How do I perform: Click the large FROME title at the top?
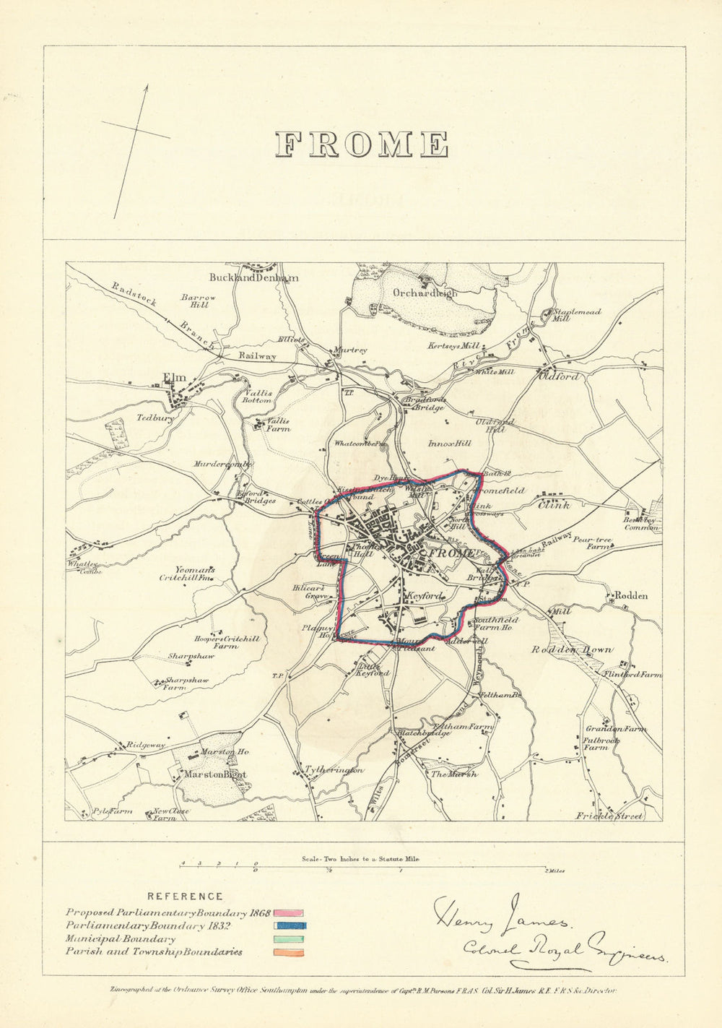pos(362,144)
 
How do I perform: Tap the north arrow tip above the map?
pos(147,86)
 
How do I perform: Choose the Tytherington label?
pos(333,770)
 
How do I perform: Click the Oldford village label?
pos(560,376)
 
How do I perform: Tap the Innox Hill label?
pos(450,444)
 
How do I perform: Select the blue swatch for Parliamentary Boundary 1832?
pos(288,925)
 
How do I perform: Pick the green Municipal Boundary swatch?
pos(288,939)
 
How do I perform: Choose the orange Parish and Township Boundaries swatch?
pos(288,952)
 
